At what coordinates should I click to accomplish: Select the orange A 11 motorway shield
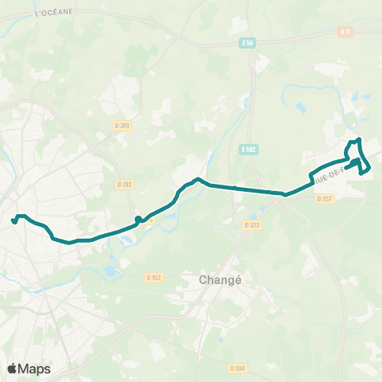(345, 32)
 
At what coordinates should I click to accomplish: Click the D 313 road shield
(124, 184)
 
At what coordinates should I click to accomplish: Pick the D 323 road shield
(252, 225)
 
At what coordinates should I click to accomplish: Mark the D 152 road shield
(154, 277)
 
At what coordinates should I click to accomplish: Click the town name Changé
(215, 280)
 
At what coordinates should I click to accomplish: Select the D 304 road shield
(236, 368)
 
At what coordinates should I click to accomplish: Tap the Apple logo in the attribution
(12, 368)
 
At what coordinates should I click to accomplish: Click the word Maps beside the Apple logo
(34, 368)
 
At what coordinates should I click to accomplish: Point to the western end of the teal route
(14, 221)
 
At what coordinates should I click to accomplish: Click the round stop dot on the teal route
(138, 219)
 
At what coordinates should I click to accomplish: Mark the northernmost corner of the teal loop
(359, 140)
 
